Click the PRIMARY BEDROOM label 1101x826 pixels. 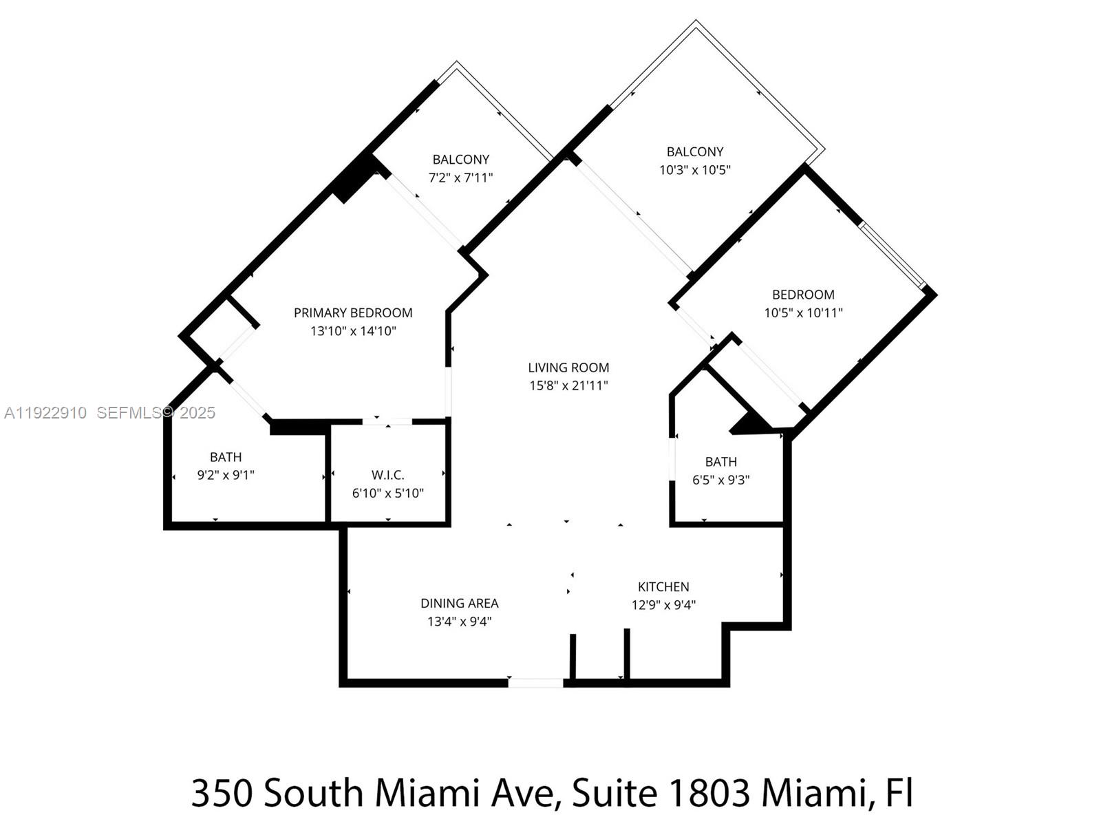353,313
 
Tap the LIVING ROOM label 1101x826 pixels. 568,368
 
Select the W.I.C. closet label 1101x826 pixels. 387,475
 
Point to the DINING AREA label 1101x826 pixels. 459,604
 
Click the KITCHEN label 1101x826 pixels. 663,587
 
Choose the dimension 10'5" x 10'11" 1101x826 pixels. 803,313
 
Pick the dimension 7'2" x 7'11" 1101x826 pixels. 460,178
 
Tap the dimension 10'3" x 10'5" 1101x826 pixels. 694,170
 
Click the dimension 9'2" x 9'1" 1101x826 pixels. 226,475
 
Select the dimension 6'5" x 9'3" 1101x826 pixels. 720,480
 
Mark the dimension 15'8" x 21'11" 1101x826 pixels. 568,385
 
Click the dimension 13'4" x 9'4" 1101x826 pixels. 459,622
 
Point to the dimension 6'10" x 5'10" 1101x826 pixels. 387,493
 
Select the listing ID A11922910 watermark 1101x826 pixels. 45,413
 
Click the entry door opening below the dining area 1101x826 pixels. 535,683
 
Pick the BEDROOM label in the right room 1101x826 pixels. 803,295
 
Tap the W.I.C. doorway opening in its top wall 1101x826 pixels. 387,421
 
